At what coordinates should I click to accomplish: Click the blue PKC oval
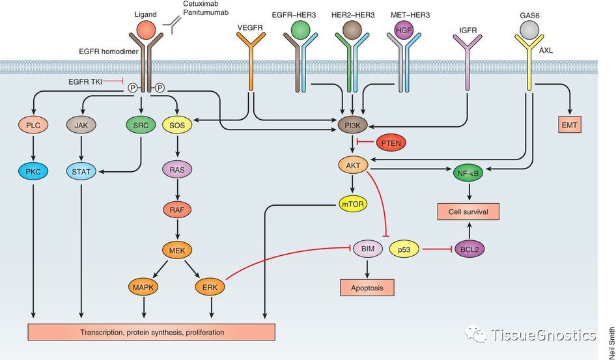[x=33, y=173]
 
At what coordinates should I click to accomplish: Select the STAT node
[x=81, y=173]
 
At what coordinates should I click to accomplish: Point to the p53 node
[x=402, y=249]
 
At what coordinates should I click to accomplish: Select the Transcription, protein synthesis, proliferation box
[x=152, y=332]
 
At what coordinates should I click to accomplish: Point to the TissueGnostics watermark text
[x=544, y=335]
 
